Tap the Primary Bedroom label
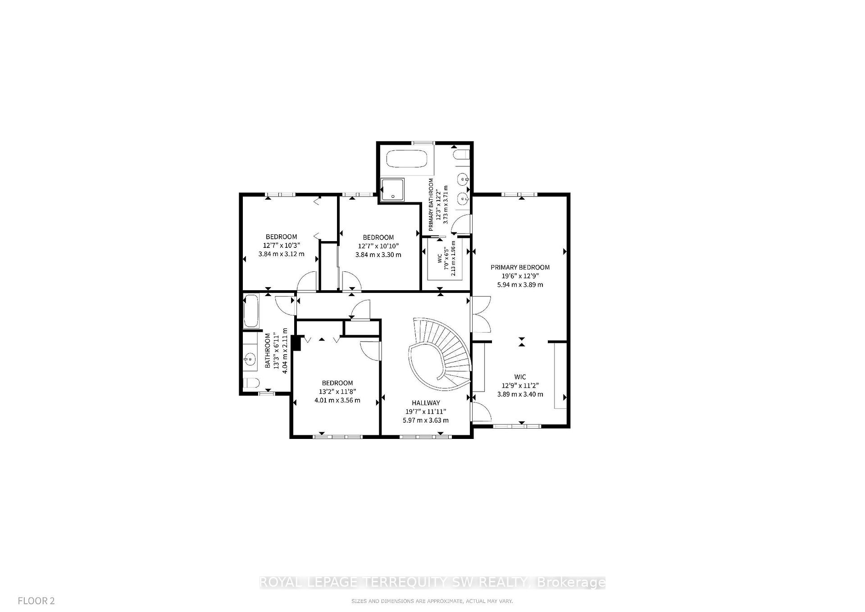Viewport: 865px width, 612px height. [520, 267]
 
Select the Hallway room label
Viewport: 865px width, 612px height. [425, 403]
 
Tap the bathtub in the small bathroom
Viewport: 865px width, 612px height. [250, 311]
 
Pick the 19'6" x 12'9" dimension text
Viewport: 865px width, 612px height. [520, 276]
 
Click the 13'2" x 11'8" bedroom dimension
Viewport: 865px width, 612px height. [337, 392]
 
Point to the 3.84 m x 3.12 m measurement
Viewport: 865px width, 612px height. [281, 254]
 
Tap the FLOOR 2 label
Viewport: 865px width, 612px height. [36, 601]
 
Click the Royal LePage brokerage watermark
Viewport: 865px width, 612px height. [432, 583]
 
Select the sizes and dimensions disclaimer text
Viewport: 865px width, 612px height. [432, 601]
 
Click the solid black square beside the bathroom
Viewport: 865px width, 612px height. [296, 343]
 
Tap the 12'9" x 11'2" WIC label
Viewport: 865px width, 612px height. [520, 385]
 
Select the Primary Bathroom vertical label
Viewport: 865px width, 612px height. [431, 205]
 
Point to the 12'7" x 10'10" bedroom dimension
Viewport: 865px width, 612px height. [378, 246]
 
